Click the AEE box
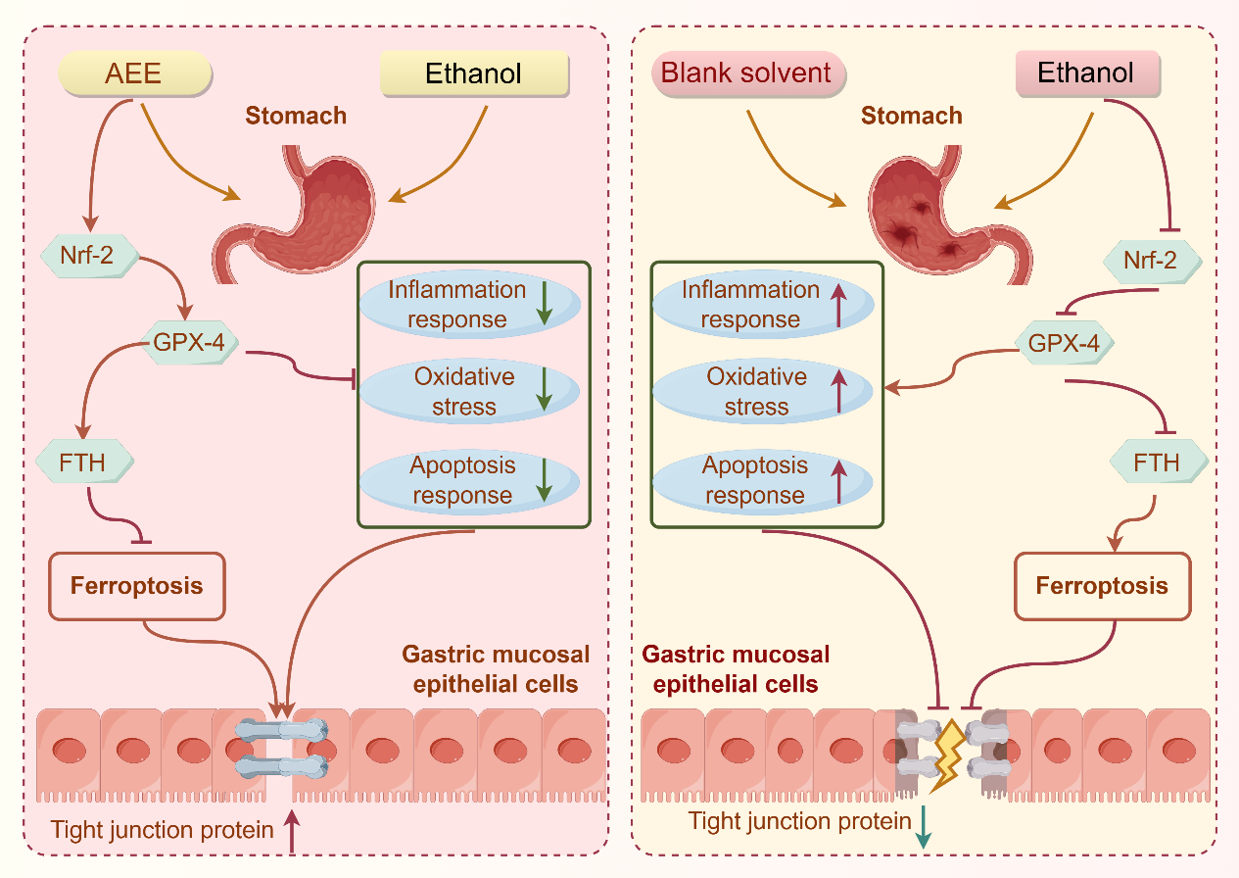[135, 73]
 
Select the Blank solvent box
[747, 73]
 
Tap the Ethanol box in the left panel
[474, 73]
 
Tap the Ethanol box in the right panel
[1086, 73]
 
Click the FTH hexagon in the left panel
[84, 461]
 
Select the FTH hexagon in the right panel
[1158, 462]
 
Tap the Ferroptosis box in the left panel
[137, 587]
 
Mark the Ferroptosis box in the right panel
[1102, 587]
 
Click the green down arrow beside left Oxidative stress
[545, 391]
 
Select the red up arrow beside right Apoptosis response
[838, 480]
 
